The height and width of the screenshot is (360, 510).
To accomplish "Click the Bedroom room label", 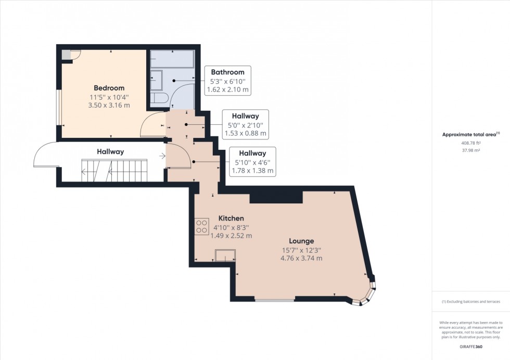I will click(x=109, y=88).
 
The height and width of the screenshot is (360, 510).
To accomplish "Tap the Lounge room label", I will click(x=301, y=241).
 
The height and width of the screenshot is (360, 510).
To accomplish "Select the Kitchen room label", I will click(x=231, y=218).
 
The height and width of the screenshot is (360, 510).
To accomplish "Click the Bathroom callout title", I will click(x=227, y=72).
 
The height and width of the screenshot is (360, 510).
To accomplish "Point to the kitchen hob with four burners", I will click(x=201, y=226).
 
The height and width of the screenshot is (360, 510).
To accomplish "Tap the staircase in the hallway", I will click(x=113, y=170).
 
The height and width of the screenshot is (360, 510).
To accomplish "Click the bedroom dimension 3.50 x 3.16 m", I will click(x=109, y=105).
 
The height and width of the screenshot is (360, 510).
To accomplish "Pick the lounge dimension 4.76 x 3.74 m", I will click(x=301, y=258).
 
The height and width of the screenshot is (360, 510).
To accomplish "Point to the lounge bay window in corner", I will click(x=366, y=294).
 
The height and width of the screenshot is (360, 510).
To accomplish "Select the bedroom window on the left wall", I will click(x=59, y=108).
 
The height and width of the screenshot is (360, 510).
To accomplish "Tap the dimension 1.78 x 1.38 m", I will click(x=252, y=171).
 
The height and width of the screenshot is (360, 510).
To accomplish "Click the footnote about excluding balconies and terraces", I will click(x=471, y=302).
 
